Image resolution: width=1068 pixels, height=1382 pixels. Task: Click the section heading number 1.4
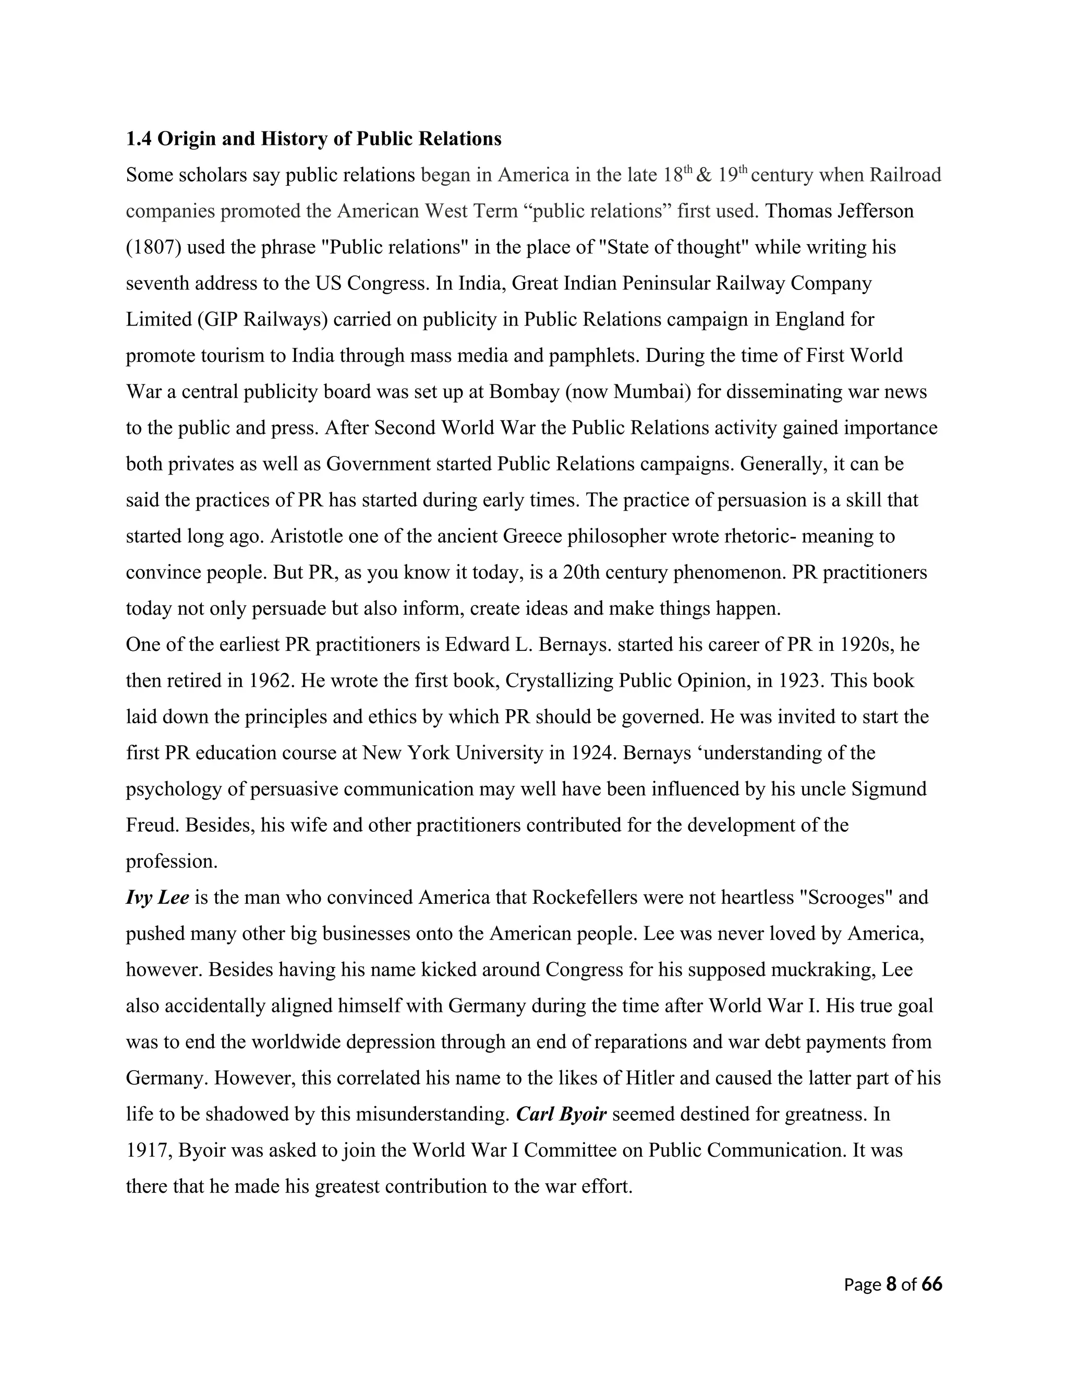[139, 139]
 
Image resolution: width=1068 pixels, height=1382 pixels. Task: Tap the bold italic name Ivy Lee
[157, 898]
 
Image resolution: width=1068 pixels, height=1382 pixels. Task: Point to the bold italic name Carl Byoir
[562, 1114]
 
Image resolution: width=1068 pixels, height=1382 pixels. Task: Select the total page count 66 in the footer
[931, 1284]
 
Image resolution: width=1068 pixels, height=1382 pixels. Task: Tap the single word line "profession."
[172, 861]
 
